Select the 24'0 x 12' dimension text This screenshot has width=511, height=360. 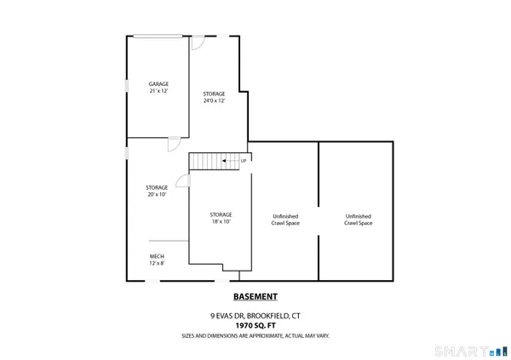point(214,101)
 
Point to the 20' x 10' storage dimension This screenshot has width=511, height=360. point(156,194)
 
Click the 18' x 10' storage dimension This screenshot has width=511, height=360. point(221,221)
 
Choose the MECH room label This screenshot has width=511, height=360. point(157,256)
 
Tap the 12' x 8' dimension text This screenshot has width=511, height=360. point(157,263)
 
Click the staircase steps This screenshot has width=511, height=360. point(204,161)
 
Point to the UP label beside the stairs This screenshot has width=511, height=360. point(244,161)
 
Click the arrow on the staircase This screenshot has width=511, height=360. point(228,161)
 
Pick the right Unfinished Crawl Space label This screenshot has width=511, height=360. point(359,220)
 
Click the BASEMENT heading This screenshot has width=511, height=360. point(255,297)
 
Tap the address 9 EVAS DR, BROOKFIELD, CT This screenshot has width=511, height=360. point(255,316)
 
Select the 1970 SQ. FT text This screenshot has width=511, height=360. point(255,325)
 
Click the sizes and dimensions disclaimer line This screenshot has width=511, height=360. point(255,335)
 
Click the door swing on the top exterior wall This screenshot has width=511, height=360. point(197,43)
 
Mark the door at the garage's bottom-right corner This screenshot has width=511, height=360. point(174,143)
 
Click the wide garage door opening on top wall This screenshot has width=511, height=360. point(156,36)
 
